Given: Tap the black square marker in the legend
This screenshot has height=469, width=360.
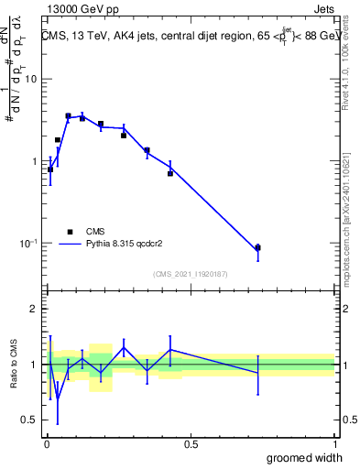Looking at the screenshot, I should click(69, 232).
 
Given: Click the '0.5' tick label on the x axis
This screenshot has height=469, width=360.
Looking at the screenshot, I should click(191, 444).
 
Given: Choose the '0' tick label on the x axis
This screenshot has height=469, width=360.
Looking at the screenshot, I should click(48, 444).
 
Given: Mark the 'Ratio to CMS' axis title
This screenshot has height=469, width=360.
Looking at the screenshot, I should click(14, 365).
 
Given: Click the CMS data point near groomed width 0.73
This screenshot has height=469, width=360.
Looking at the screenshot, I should click(257, 248).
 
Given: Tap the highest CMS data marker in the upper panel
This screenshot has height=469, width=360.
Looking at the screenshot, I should click(68, 116).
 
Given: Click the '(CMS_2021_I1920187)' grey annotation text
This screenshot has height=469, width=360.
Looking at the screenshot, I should click(191, 274).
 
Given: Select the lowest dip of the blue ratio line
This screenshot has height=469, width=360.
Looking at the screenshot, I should click(58, 398).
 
